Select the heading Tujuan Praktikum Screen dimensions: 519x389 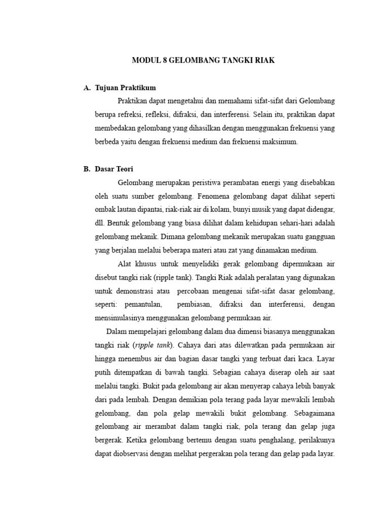pyautogui.click(x=126, y=88)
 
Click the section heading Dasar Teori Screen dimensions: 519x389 pyautogui.click(x=114, y=169)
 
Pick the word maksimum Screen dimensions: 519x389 pyautogui.click(x=281, y=142)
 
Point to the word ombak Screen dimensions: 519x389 pyautogui.click(x=106, y=209)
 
